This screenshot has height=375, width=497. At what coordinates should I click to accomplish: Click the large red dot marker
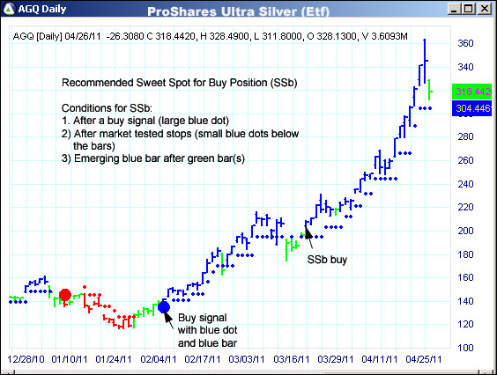click(x=64, y=295)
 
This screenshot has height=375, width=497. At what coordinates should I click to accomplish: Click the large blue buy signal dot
click(x=164, y=306)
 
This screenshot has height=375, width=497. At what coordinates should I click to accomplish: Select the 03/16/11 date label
click(x=289, y=361)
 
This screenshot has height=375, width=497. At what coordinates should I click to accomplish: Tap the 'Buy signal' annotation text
click(x=203, y=317)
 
